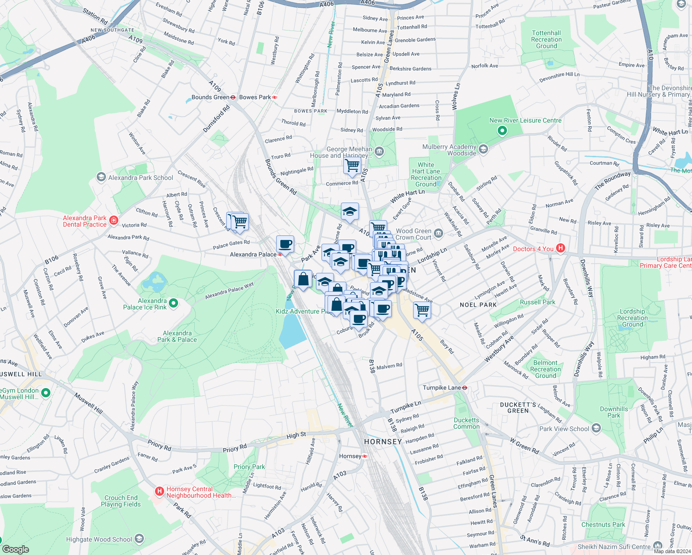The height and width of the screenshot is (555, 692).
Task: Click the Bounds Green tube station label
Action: [x=210, y=97]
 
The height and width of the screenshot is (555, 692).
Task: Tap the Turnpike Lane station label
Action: [x=442, y=388]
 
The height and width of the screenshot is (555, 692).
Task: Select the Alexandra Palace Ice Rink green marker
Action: [x=173, y=303]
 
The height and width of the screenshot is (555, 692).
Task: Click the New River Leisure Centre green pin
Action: [x=502, y=131]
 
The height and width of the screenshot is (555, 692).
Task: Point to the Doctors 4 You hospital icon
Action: [x=561, y=248]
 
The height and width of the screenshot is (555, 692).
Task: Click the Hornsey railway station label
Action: [x=350, y=456]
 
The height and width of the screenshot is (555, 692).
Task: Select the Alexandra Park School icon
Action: [x=101, y=177]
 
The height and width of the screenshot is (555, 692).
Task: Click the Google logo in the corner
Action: [x=16, y=549]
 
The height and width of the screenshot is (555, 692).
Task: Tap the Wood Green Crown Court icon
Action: [x=439, y=234]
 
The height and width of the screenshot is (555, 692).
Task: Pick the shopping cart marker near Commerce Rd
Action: [x=352, y=165]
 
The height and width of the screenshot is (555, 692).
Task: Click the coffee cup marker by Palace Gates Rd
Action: [x=285, y=244]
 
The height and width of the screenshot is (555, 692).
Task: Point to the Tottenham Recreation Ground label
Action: [x=546, y=39]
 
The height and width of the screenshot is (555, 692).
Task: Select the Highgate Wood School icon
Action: [x=139, y=539]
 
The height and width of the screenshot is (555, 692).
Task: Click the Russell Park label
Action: [x=537, y=302]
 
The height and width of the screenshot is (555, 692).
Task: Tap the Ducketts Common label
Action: [x=466, y=423]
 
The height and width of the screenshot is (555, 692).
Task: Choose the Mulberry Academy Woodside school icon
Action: [x=483, y=149]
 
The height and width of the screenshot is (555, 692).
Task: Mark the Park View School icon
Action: [x=596, y=428]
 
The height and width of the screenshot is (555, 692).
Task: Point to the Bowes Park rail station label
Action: [x=255, y=97]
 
